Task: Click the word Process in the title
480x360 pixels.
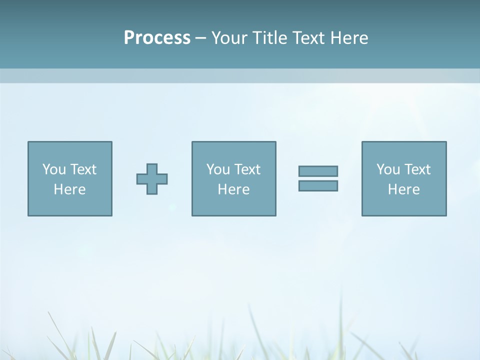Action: tap(157, 38)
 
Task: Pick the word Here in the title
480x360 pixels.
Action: tap(349, 38)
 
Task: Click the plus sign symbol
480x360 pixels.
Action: tap(152, 179)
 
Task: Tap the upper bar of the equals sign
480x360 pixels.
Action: tap(318, 171)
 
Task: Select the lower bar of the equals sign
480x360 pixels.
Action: tap(318, 185)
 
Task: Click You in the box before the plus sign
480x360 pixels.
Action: tap(53, 169)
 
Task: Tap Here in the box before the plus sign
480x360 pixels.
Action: tap(69, 189)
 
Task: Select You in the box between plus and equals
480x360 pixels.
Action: tap(217, 169)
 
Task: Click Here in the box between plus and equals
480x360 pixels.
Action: tap(233, 189)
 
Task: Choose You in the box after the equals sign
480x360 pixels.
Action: tap(387, 169)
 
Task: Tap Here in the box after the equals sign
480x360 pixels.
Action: tap(403, 189)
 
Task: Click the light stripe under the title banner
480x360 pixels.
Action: tap(240, 76)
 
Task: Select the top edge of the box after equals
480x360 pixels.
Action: tap(404, 142)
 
